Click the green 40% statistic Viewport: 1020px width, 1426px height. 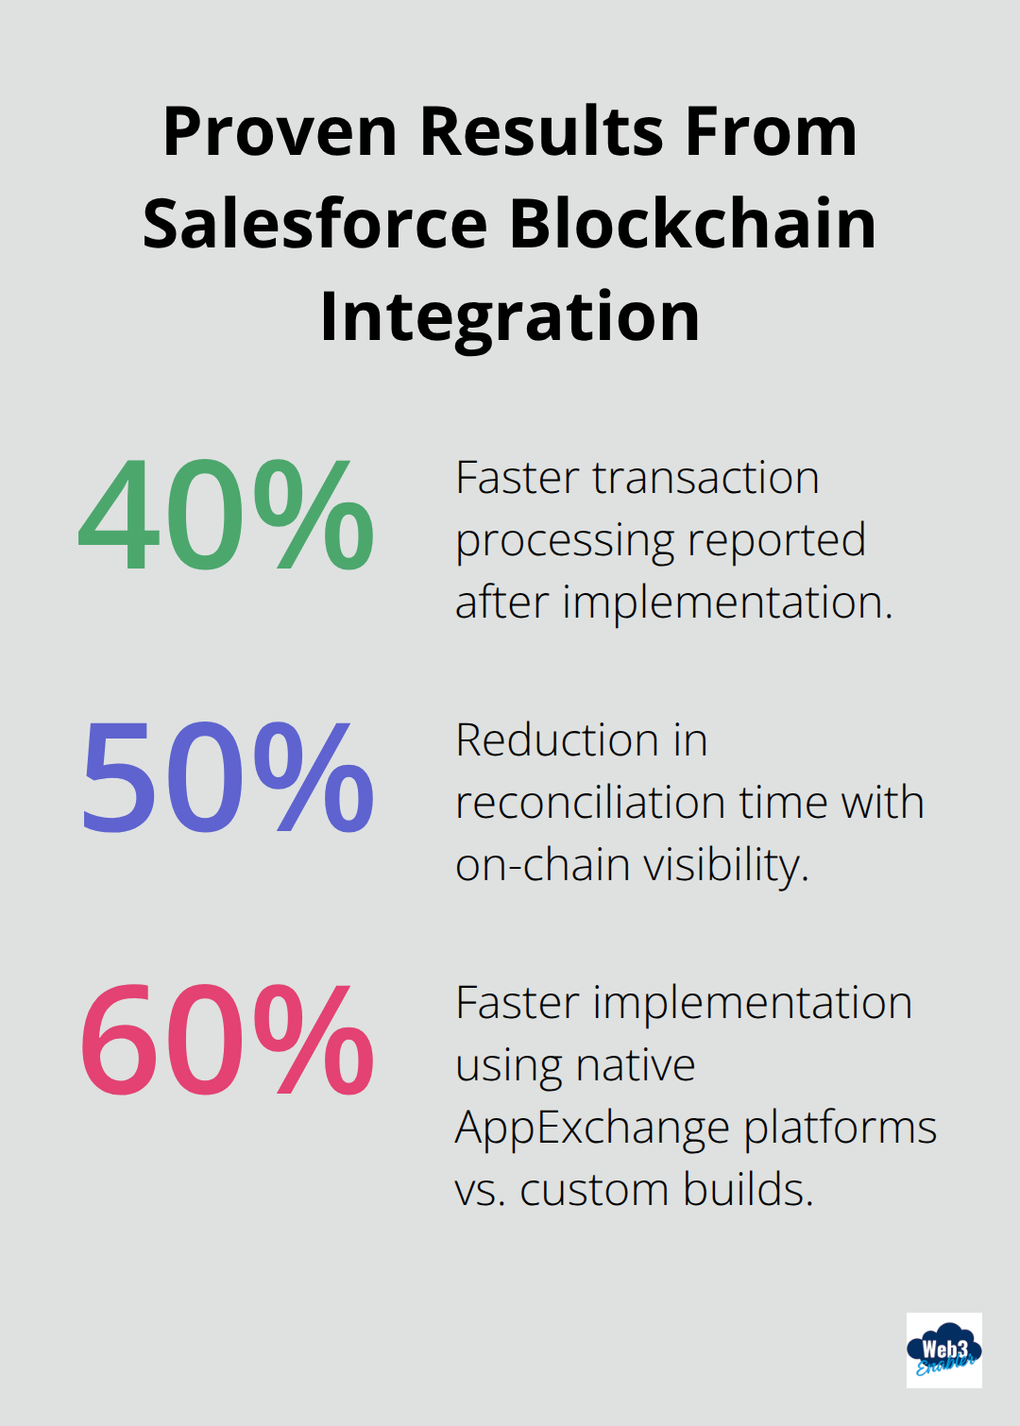point(227,515)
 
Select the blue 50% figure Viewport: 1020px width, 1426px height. point(227,777)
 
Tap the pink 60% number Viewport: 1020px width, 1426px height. point(227,1040)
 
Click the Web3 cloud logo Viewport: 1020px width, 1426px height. point(943,1350)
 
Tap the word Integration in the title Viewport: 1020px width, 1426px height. point(510,316)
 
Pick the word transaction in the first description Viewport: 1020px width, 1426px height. point(705,478)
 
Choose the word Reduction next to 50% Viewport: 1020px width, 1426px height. point(556,740)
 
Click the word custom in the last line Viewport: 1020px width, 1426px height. point(593,1190)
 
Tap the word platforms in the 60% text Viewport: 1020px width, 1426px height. point(840,1129)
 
